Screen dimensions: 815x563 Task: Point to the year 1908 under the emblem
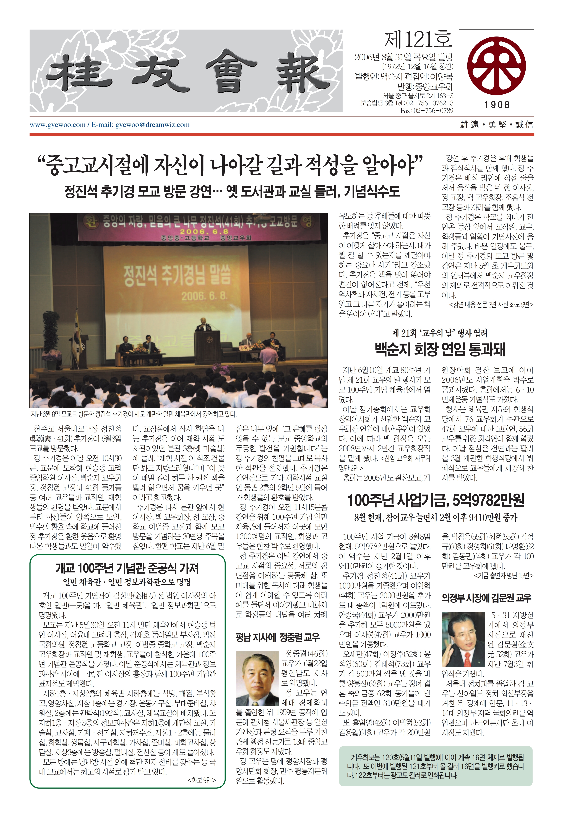click(x=497, y=105)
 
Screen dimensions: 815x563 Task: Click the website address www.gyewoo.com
click(x=58, y=125)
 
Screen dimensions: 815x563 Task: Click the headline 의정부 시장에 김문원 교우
click(x=486, y=598)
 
